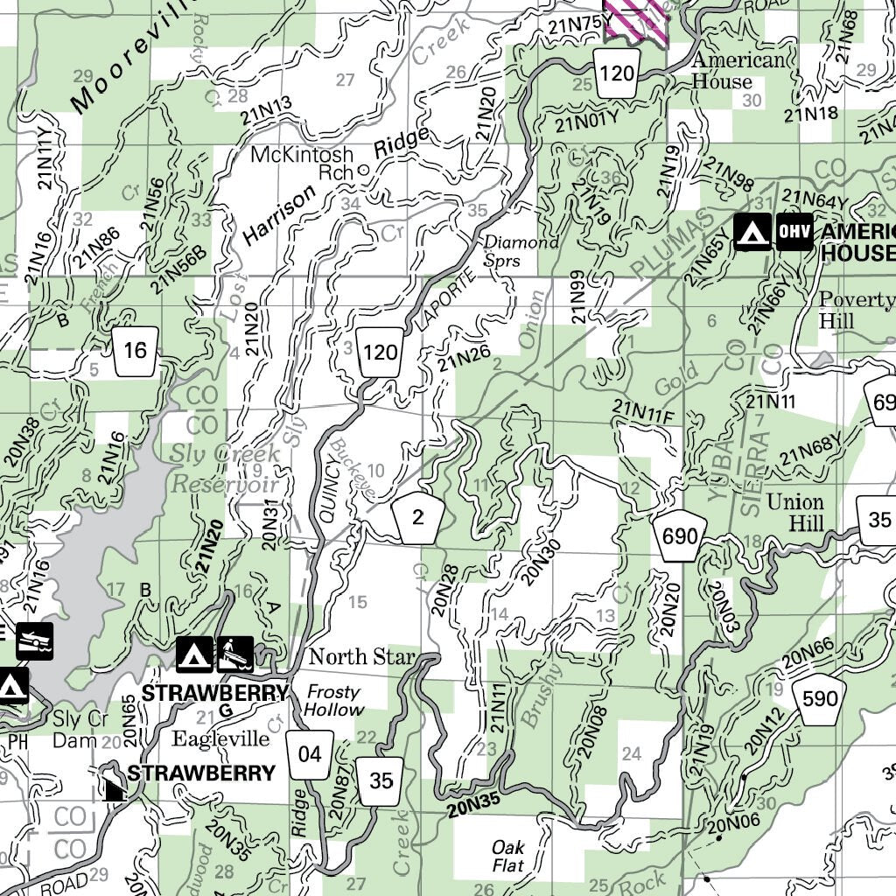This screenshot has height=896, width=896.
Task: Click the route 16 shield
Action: click(136, 351)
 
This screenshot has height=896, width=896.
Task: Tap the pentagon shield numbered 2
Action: click(417, 517)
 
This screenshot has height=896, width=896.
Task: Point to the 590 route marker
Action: click(819, 698)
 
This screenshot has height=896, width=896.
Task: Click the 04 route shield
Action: click(310, 753)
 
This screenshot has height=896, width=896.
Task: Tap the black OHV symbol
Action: click(793, 233)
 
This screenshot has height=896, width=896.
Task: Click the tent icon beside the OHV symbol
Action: click(752, 233)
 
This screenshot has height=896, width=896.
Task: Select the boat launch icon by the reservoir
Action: click(34, 640)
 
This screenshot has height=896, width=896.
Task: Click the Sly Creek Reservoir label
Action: click(225, 469)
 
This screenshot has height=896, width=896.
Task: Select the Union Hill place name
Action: click(794, 513)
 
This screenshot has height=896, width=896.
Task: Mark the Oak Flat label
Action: click(508, 857)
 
